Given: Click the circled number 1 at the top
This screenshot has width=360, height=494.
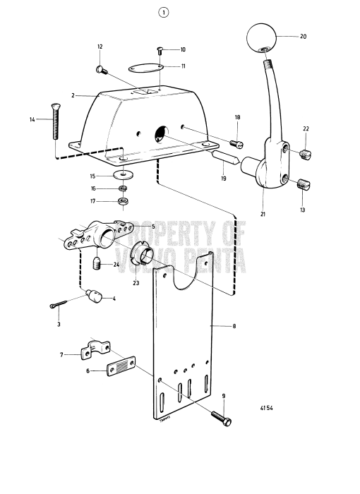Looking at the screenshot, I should coord(164,13).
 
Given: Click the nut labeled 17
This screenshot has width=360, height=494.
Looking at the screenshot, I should coord(123,202).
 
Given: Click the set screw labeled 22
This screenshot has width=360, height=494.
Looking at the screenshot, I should coord(306,154).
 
